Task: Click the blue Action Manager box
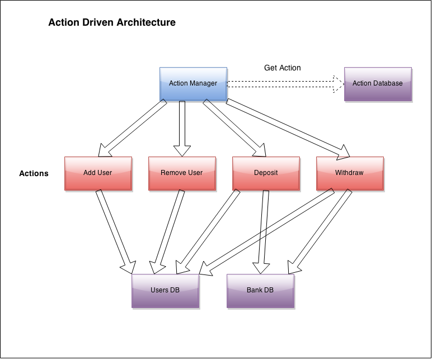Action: [193, 84]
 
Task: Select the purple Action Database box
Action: [378, 84]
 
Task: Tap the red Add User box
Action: [98, 173]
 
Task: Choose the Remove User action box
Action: [181, 173]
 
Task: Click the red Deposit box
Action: [266, 173]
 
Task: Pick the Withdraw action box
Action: [349, 173]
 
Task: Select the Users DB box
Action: [165, 290]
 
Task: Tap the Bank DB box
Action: [260, 290]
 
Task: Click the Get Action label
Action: [282, 68]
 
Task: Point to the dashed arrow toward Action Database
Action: [283, 84]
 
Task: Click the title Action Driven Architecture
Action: [112, 23]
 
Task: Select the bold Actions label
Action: [34, 173]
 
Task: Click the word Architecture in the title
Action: [149, 23]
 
